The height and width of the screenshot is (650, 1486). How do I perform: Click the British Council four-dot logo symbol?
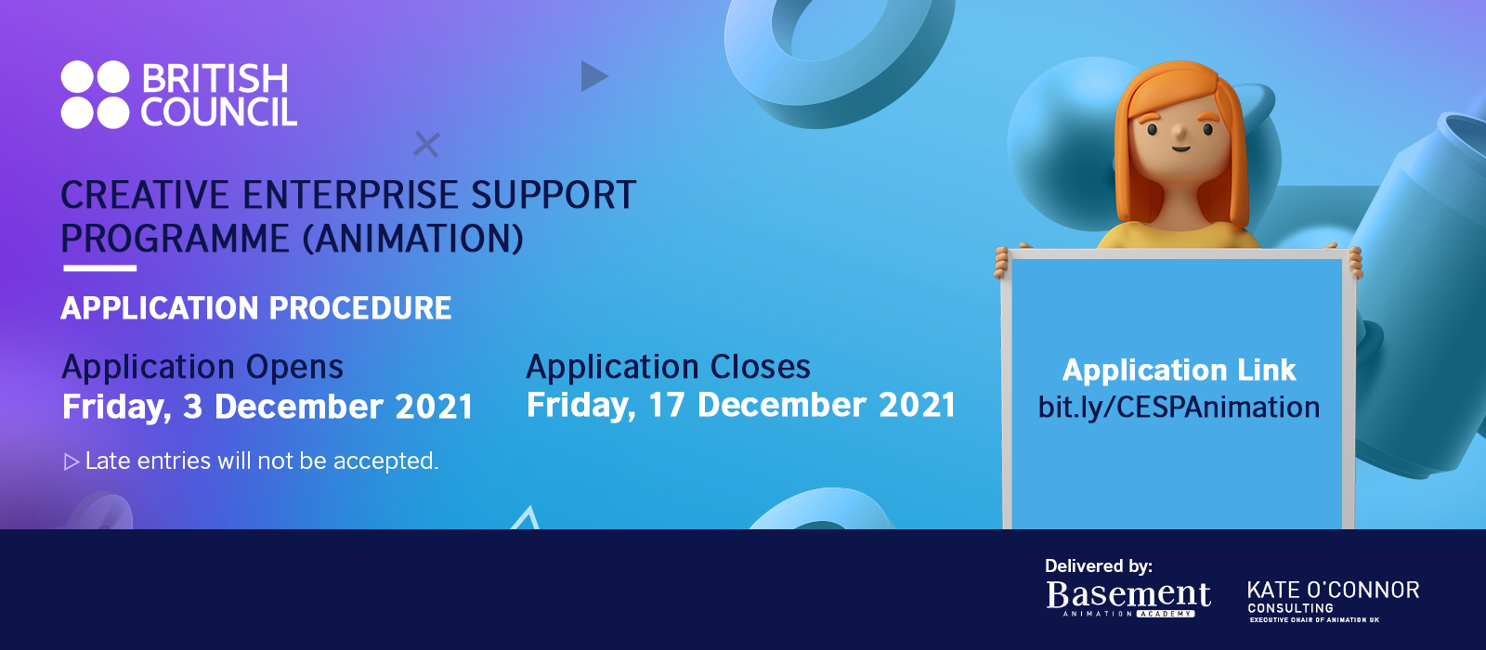(x=95, y=94)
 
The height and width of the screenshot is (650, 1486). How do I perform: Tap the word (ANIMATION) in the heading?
(x=412, y=239)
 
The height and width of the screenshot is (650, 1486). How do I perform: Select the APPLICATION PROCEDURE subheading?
(x=256, y=308)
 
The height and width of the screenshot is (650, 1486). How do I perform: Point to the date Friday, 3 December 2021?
(x=267, y=407)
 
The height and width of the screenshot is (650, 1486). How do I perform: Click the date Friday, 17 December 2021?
(x=740, y=405)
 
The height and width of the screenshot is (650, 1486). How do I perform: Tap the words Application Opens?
(x=202, y=368)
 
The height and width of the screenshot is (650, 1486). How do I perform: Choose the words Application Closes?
(x=668, y=367)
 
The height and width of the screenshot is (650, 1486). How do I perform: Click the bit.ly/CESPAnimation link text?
(x=1179, y=408)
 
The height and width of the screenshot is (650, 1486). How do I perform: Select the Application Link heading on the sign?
(x=1179, y=370)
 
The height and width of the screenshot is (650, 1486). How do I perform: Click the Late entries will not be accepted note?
(x=262, y=461)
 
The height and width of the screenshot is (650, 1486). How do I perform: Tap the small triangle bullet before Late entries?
(x=71, y=461)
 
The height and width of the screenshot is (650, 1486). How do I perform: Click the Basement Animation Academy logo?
(x=1128, y=599)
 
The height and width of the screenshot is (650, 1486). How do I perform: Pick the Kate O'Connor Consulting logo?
(x=1333, y=602)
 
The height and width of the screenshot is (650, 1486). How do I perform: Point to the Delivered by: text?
(x=1099, y=565)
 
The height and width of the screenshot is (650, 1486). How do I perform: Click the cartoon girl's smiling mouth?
(x=1180, y=148)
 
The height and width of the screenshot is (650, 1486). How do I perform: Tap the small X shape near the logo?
(x=426, y=144)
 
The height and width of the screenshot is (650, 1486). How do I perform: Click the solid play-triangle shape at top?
(x=593, y=76)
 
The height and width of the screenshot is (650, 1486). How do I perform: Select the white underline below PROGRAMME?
(x=100, y=268)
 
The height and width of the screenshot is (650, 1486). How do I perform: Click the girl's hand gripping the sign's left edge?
(x=1001, y=262)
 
